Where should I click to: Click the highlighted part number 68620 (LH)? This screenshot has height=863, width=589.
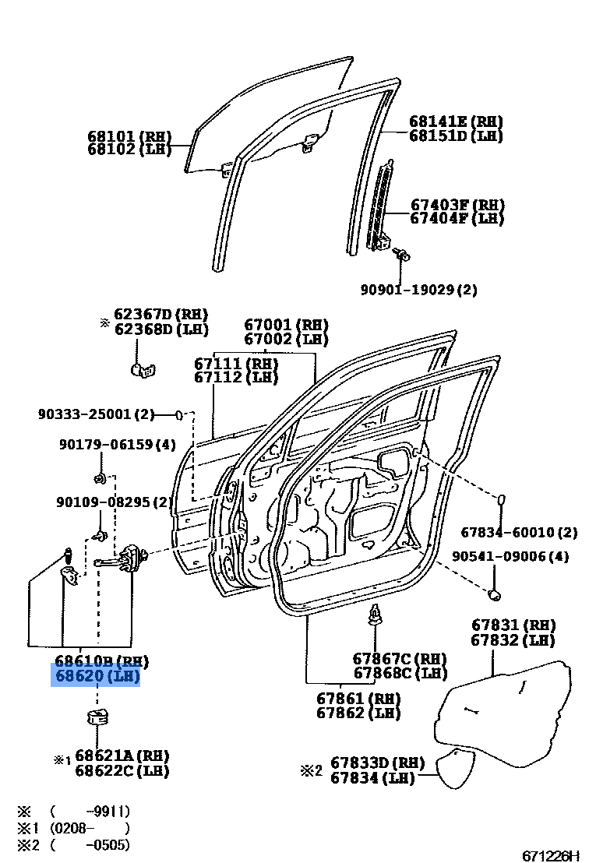click(96, 675)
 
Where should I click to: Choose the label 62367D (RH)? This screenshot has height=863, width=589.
click(160, 315)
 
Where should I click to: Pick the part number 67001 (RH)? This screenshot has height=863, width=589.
click(286, 326)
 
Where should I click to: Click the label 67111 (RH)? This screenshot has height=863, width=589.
click(236, 364)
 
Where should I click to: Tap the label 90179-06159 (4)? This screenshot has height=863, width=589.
click(118, 445)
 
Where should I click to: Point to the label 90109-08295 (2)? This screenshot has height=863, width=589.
click(114, 502)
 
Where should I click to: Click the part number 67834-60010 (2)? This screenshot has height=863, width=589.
click(519, 533)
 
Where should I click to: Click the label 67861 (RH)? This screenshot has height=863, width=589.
click(358, 698)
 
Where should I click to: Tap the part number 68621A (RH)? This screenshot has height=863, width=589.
click(122, 756)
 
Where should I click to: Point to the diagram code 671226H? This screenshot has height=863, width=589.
click(552, 855)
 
